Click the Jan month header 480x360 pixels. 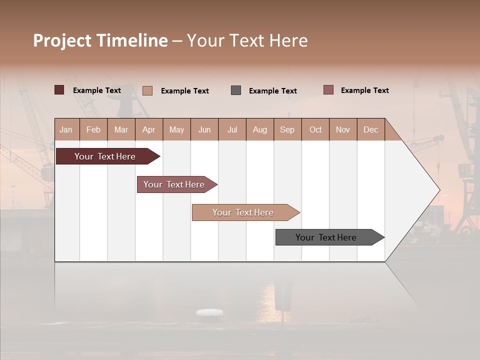66,129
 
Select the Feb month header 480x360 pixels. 93,129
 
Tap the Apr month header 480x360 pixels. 149,129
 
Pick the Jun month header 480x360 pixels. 204,129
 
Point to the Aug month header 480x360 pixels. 259,129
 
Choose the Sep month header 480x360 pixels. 287,129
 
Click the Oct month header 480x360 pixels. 315,129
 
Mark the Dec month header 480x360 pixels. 370,129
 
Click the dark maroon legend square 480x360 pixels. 59,90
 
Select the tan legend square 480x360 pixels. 147,90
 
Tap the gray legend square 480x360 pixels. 236,90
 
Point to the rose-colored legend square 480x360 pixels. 328,90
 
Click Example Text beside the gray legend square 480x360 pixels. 272,91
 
